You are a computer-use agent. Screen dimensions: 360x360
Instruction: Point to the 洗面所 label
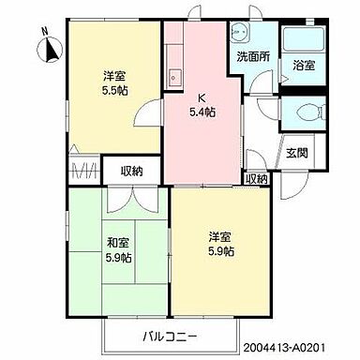point(250,57)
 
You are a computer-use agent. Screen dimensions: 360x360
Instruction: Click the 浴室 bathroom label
point(303,67)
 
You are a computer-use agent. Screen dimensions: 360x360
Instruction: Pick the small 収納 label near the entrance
point(256,177)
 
